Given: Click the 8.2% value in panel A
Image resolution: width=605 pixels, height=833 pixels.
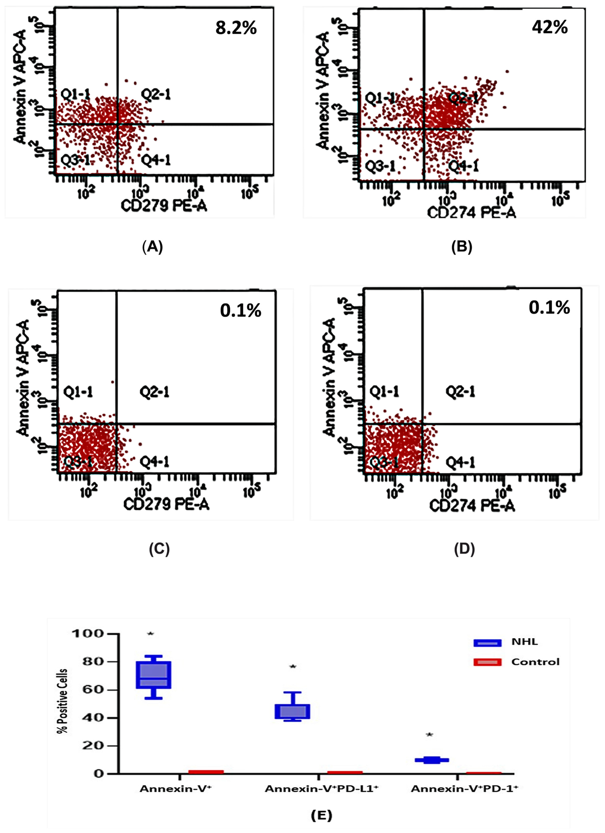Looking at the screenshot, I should pyautogui.click(x=236, y=28).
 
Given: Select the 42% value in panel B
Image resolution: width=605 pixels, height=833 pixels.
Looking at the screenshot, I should pyautogui.click(x=549, y=27).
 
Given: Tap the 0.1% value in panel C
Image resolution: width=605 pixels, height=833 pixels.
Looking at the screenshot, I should pyautogui.click(x=241, y=311).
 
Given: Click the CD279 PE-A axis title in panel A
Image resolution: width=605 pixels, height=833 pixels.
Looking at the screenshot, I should pyautogui.click(x=164, y=206).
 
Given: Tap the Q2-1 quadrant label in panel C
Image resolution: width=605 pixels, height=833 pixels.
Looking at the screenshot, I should pyautogui.click(x=154, y=392).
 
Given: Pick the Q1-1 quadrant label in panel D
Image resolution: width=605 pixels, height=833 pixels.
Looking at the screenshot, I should pyautogui.click(x=384, y=392).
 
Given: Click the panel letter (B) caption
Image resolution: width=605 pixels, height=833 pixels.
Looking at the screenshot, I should pyautogui.click(x=462, y=247).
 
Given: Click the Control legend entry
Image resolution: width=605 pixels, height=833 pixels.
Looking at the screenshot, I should pyautogui.click(x=535, y=662).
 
